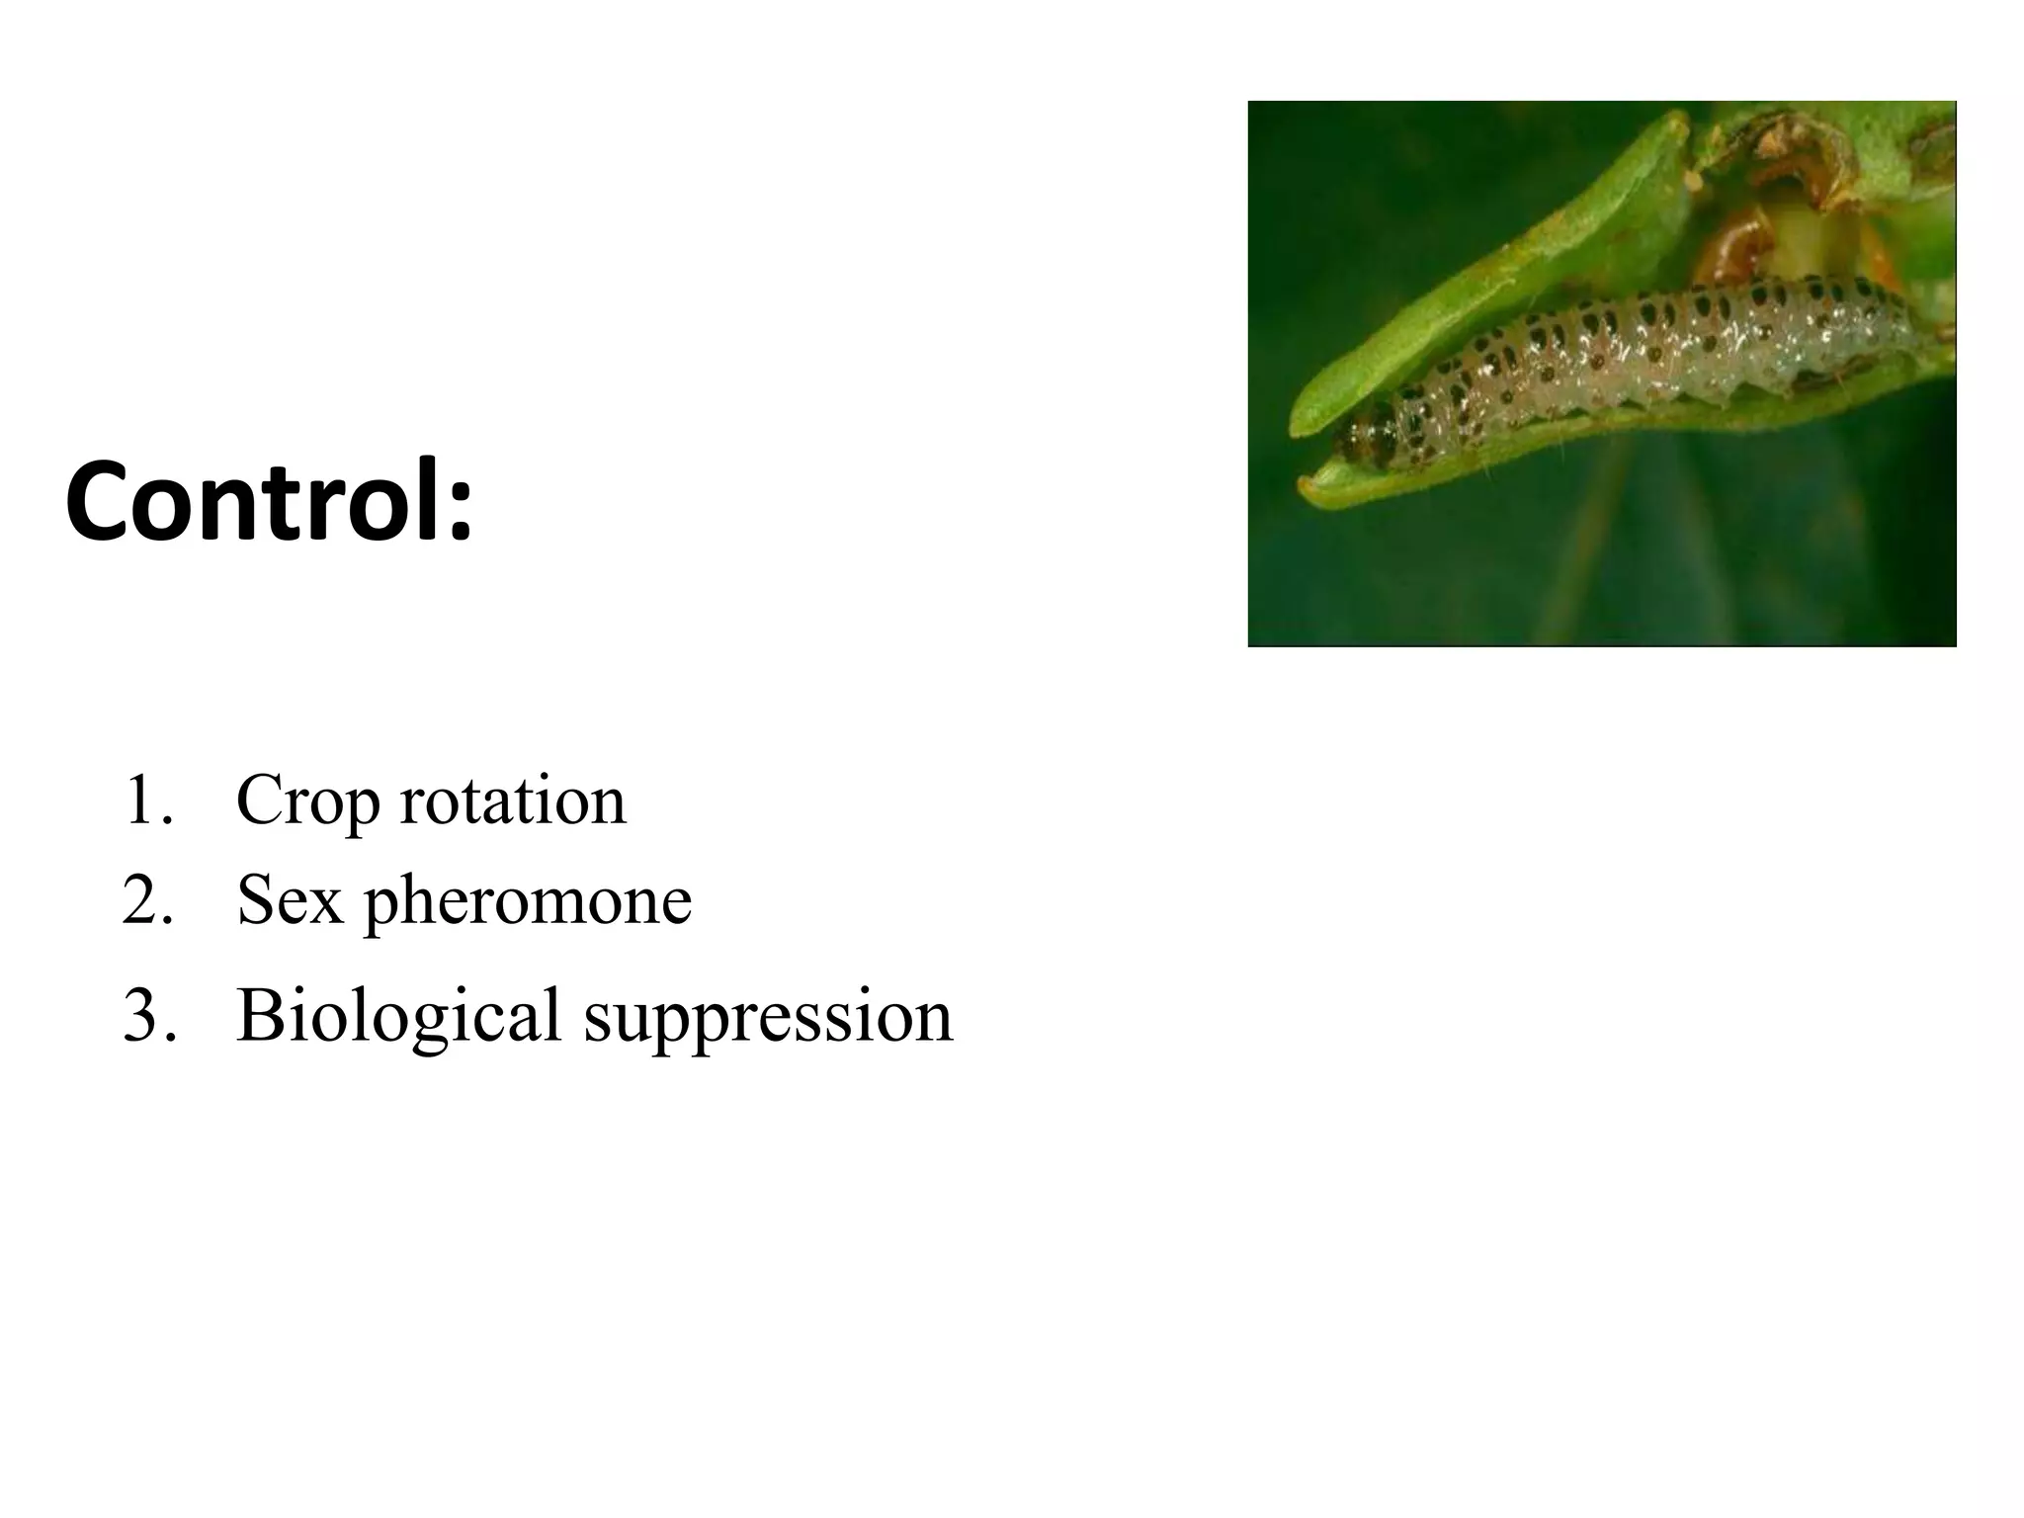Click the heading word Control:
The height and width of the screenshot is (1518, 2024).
click(269, 501)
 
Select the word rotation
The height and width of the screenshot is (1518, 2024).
click(513, 801)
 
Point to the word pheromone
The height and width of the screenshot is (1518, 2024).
click(528, 902)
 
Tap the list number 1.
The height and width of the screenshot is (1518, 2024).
click(144, 801)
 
